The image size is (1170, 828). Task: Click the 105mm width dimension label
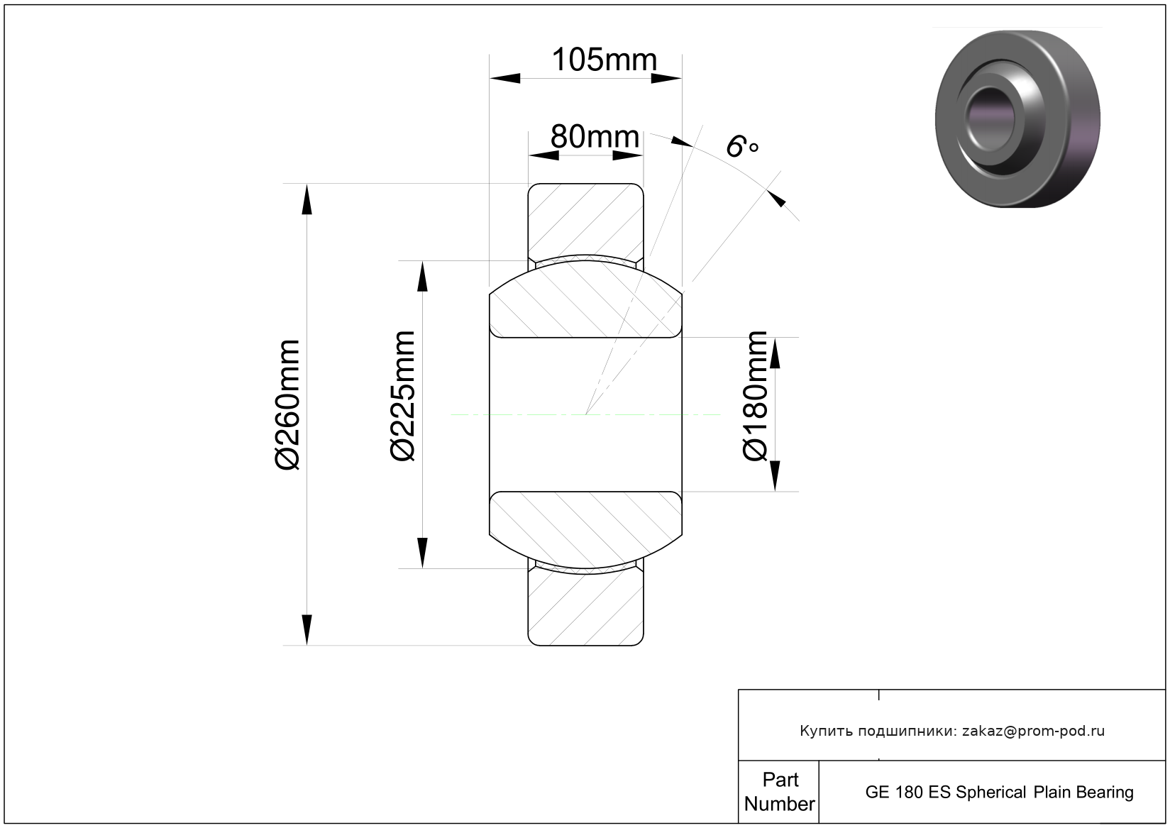(605, 60)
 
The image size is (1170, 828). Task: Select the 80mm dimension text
(595, 136)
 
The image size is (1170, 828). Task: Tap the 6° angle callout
(742, 145)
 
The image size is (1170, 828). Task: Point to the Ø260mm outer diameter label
(288, 405)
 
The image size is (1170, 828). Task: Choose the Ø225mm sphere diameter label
(403, 396)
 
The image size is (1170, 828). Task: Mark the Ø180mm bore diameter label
(755, 396)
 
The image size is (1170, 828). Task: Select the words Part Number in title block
(780, 792)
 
